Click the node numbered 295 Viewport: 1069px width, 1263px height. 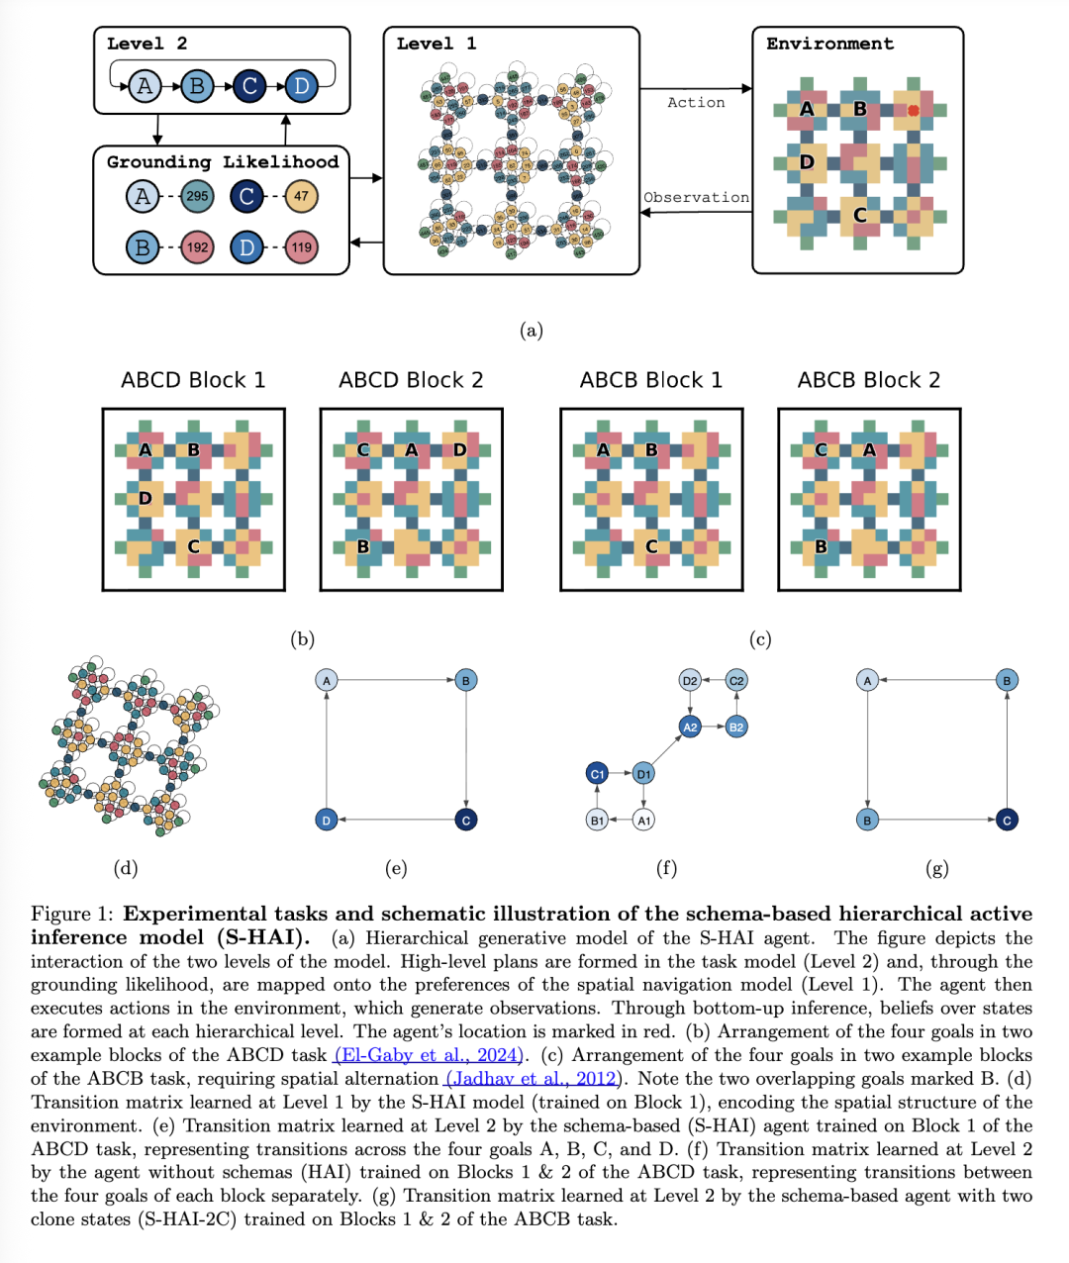(198, 196)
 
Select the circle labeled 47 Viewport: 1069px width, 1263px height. (301, 196)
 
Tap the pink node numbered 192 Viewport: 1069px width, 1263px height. (198, 247)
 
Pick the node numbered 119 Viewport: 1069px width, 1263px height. (301, 247)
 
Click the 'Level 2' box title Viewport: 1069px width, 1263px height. (146, 44)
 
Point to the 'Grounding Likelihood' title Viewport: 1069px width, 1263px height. (223, 161)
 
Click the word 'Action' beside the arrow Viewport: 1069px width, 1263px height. (696, 103)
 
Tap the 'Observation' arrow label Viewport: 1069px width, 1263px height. (696, 198)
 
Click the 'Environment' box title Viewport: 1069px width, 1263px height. (829, 44)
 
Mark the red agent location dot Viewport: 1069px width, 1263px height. (913, 110)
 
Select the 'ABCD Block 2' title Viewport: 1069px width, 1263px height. (411, 380)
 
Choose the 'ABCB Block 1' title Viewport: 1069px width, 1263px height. (651, 380)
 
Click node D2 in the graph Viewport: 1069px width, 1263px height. (690, 680)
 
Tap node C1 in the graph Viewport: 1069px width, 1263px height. (597, 774)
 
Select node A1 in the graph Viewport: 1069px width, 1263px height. (643, 821)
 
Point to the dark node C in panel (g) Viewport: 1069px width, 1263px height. (1007, 821)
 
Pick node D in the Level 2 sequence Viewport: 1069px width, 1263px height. (301, 86)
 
